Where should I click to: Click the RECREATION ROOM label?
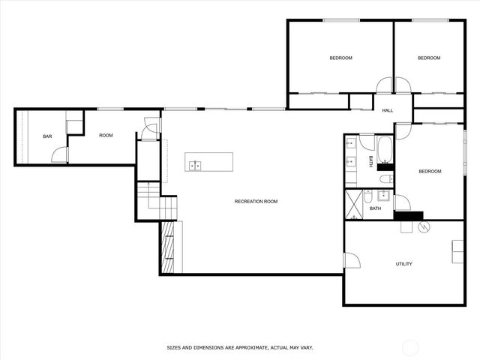point(256,201)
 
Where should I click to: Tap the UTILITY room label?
point(403,264)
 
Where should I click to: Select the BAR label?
point(47,136)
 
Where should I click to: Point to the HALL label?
point(387,111)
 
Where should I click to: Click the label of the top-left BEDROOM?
point(340,58)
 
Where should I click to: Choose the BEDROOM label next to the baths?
point(430,172)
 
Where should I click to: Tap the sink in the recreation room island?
point(194,165)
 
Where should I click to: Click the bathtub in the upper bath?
point(385,149)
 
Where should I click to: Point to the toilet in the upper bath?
point(384,178)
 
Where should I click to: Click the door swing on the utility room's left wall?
point(351,259)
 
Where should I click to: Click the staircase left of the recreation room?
point(159,201)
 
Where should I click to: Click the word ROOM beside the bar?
point(106,135)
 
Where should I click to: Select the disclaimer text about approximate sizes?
point(239,348)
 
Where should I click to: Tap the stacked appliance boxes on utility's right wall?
point(457,251)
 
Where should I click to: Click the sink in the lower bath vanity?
point(383,196)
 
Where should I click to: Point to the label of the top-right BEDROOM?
point(428,58)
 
